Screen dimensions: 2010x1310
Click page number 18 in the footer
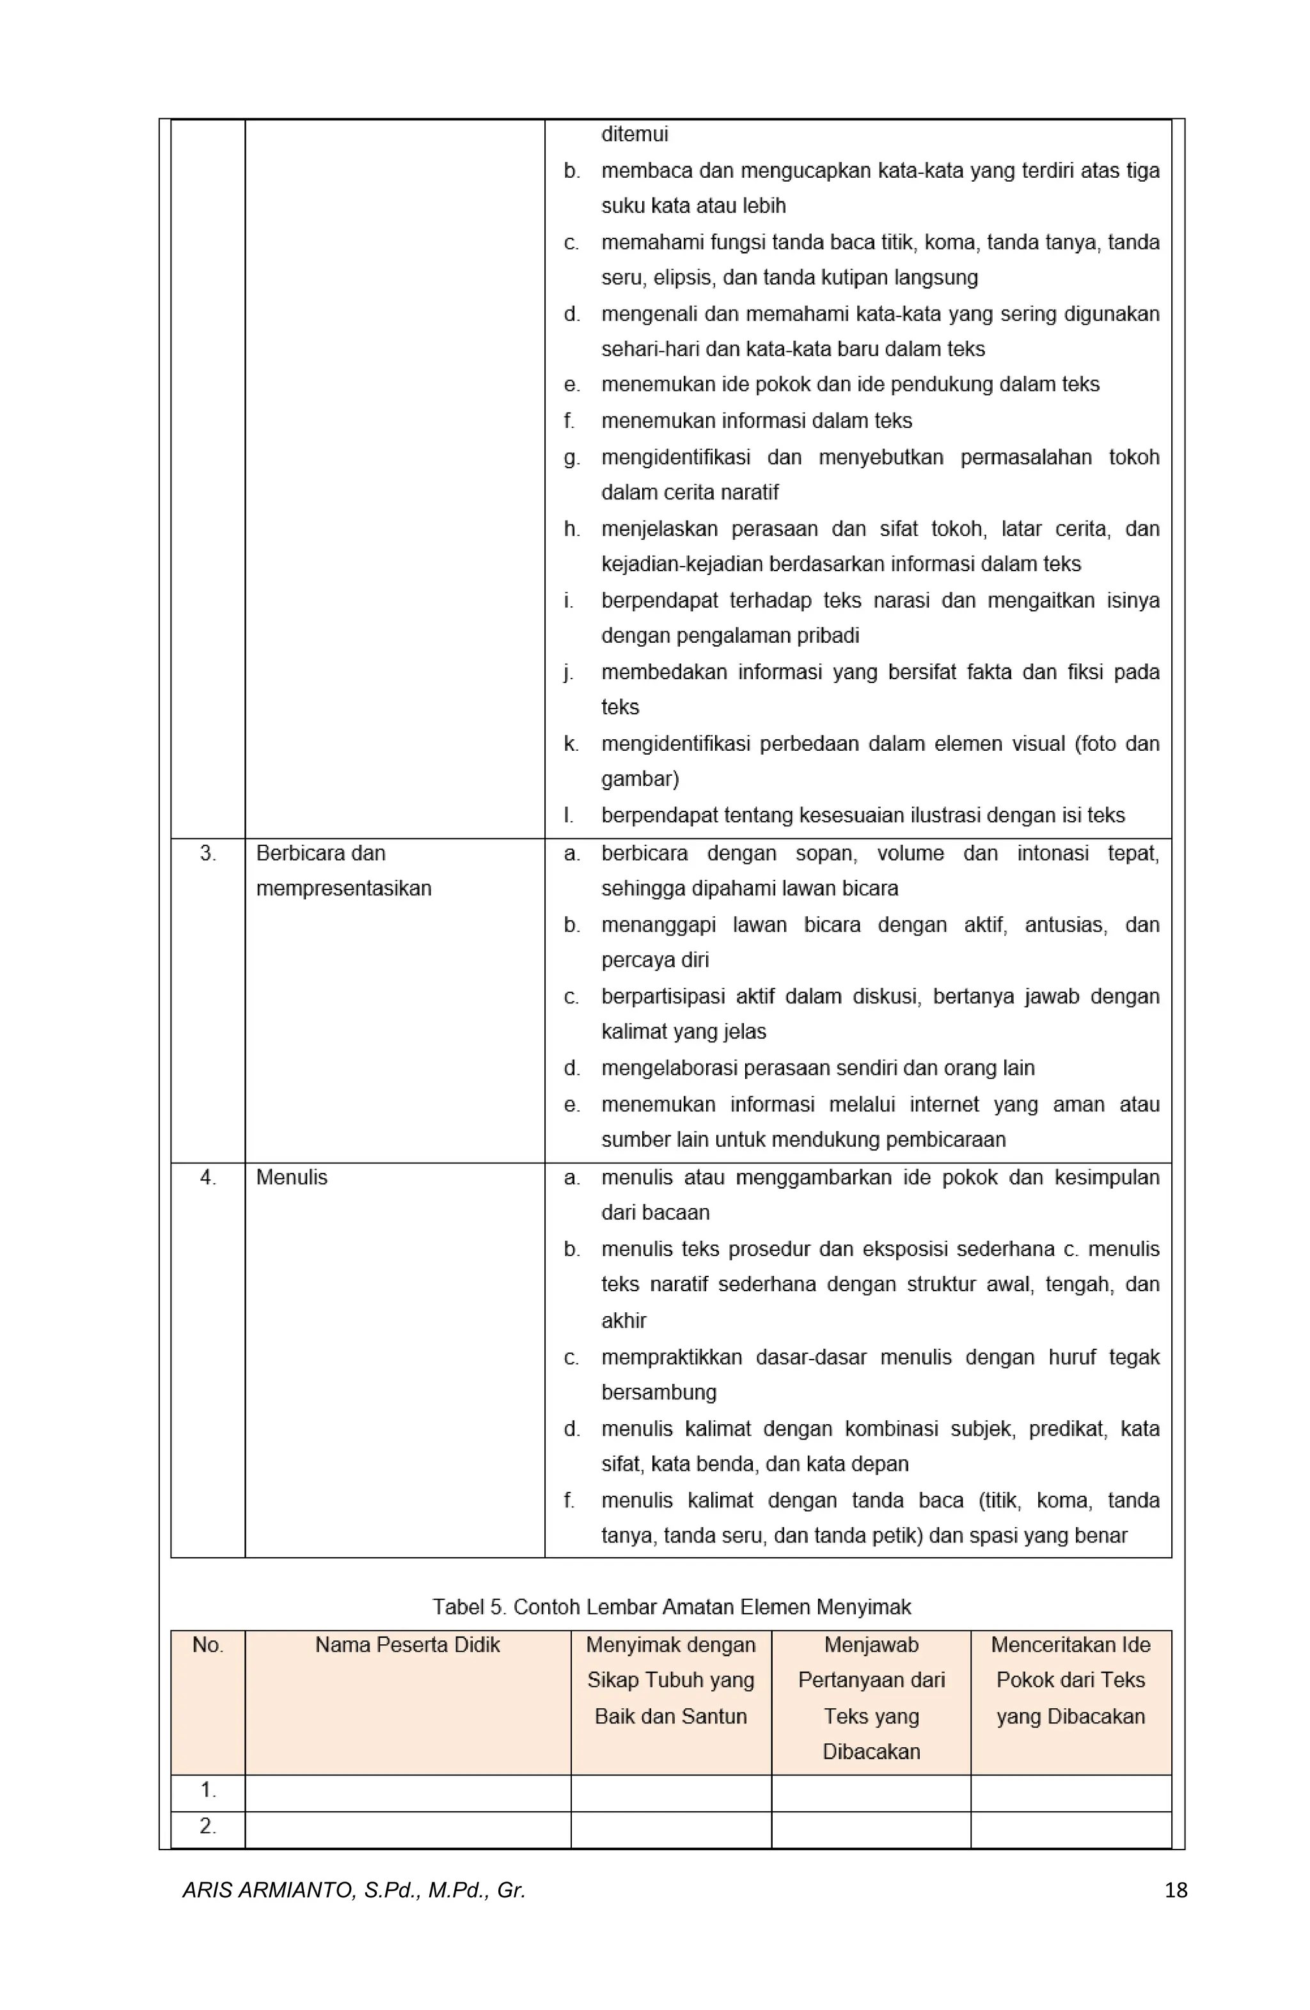click(1175, 1889)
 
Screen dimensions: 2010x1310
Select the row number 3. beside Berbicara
click(208, 853)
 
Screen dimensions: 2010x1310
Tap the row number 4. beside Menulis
click(208, 1177)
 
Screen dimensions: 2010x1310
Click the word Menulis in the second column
click(292, 1177)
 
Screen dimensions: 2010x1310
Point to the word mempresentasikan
click(343, 888)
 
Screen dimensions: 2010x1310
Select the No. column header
click(208, 1644)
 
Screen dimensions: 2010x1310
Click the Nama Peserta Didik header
click(407, 1644)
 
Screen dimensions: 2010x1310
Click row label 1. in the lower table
click(208, 1789)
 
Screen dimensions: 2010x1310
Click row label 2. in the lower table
click(208, 1825)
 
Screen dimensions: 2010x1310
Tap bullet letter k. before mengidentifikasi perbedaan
click(571, 743)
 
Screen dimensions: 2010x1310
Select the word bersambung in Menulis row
click(658, 1392)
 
